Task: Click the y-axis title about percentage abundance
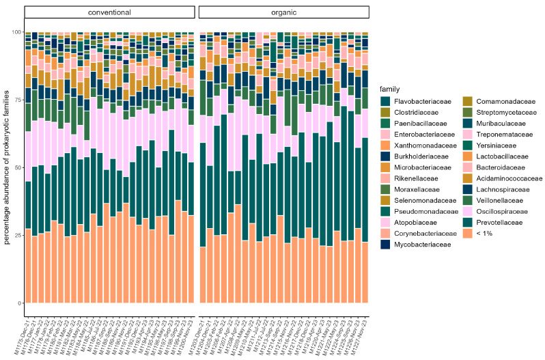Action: tap(8, 167)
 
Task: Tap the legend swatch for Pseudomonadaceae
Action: tap(387, 211)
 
